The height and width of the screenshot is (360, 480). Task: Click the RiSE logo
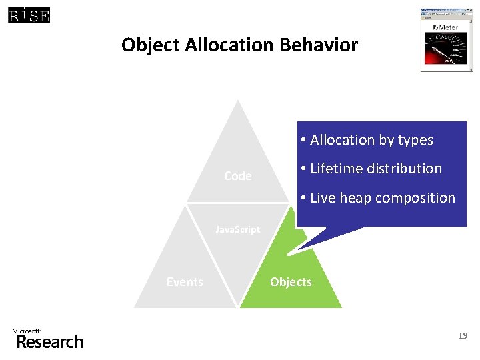(x=29, y=14)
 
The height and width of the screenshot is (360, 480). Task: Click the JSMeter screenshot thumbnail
(x=445, y=39)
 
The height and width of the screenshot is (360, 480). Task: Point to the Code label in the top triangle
(x=238, y=176)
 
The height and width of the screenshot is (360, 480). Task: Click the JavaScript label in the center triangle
(x=237, y=230)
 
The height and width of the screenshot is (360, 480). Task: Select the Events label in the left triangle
(x=185, y=282)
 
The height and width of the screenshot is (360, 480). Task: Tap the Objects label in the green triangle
(x=291, y=282)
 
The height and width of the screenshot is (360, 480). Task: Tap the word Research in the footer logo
(x=50, y=343)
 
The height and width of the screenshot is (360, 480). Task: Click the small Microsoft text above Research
(x=27, y=331)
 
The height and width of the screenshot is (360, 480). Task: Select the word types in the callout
(x=415, y=140)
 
